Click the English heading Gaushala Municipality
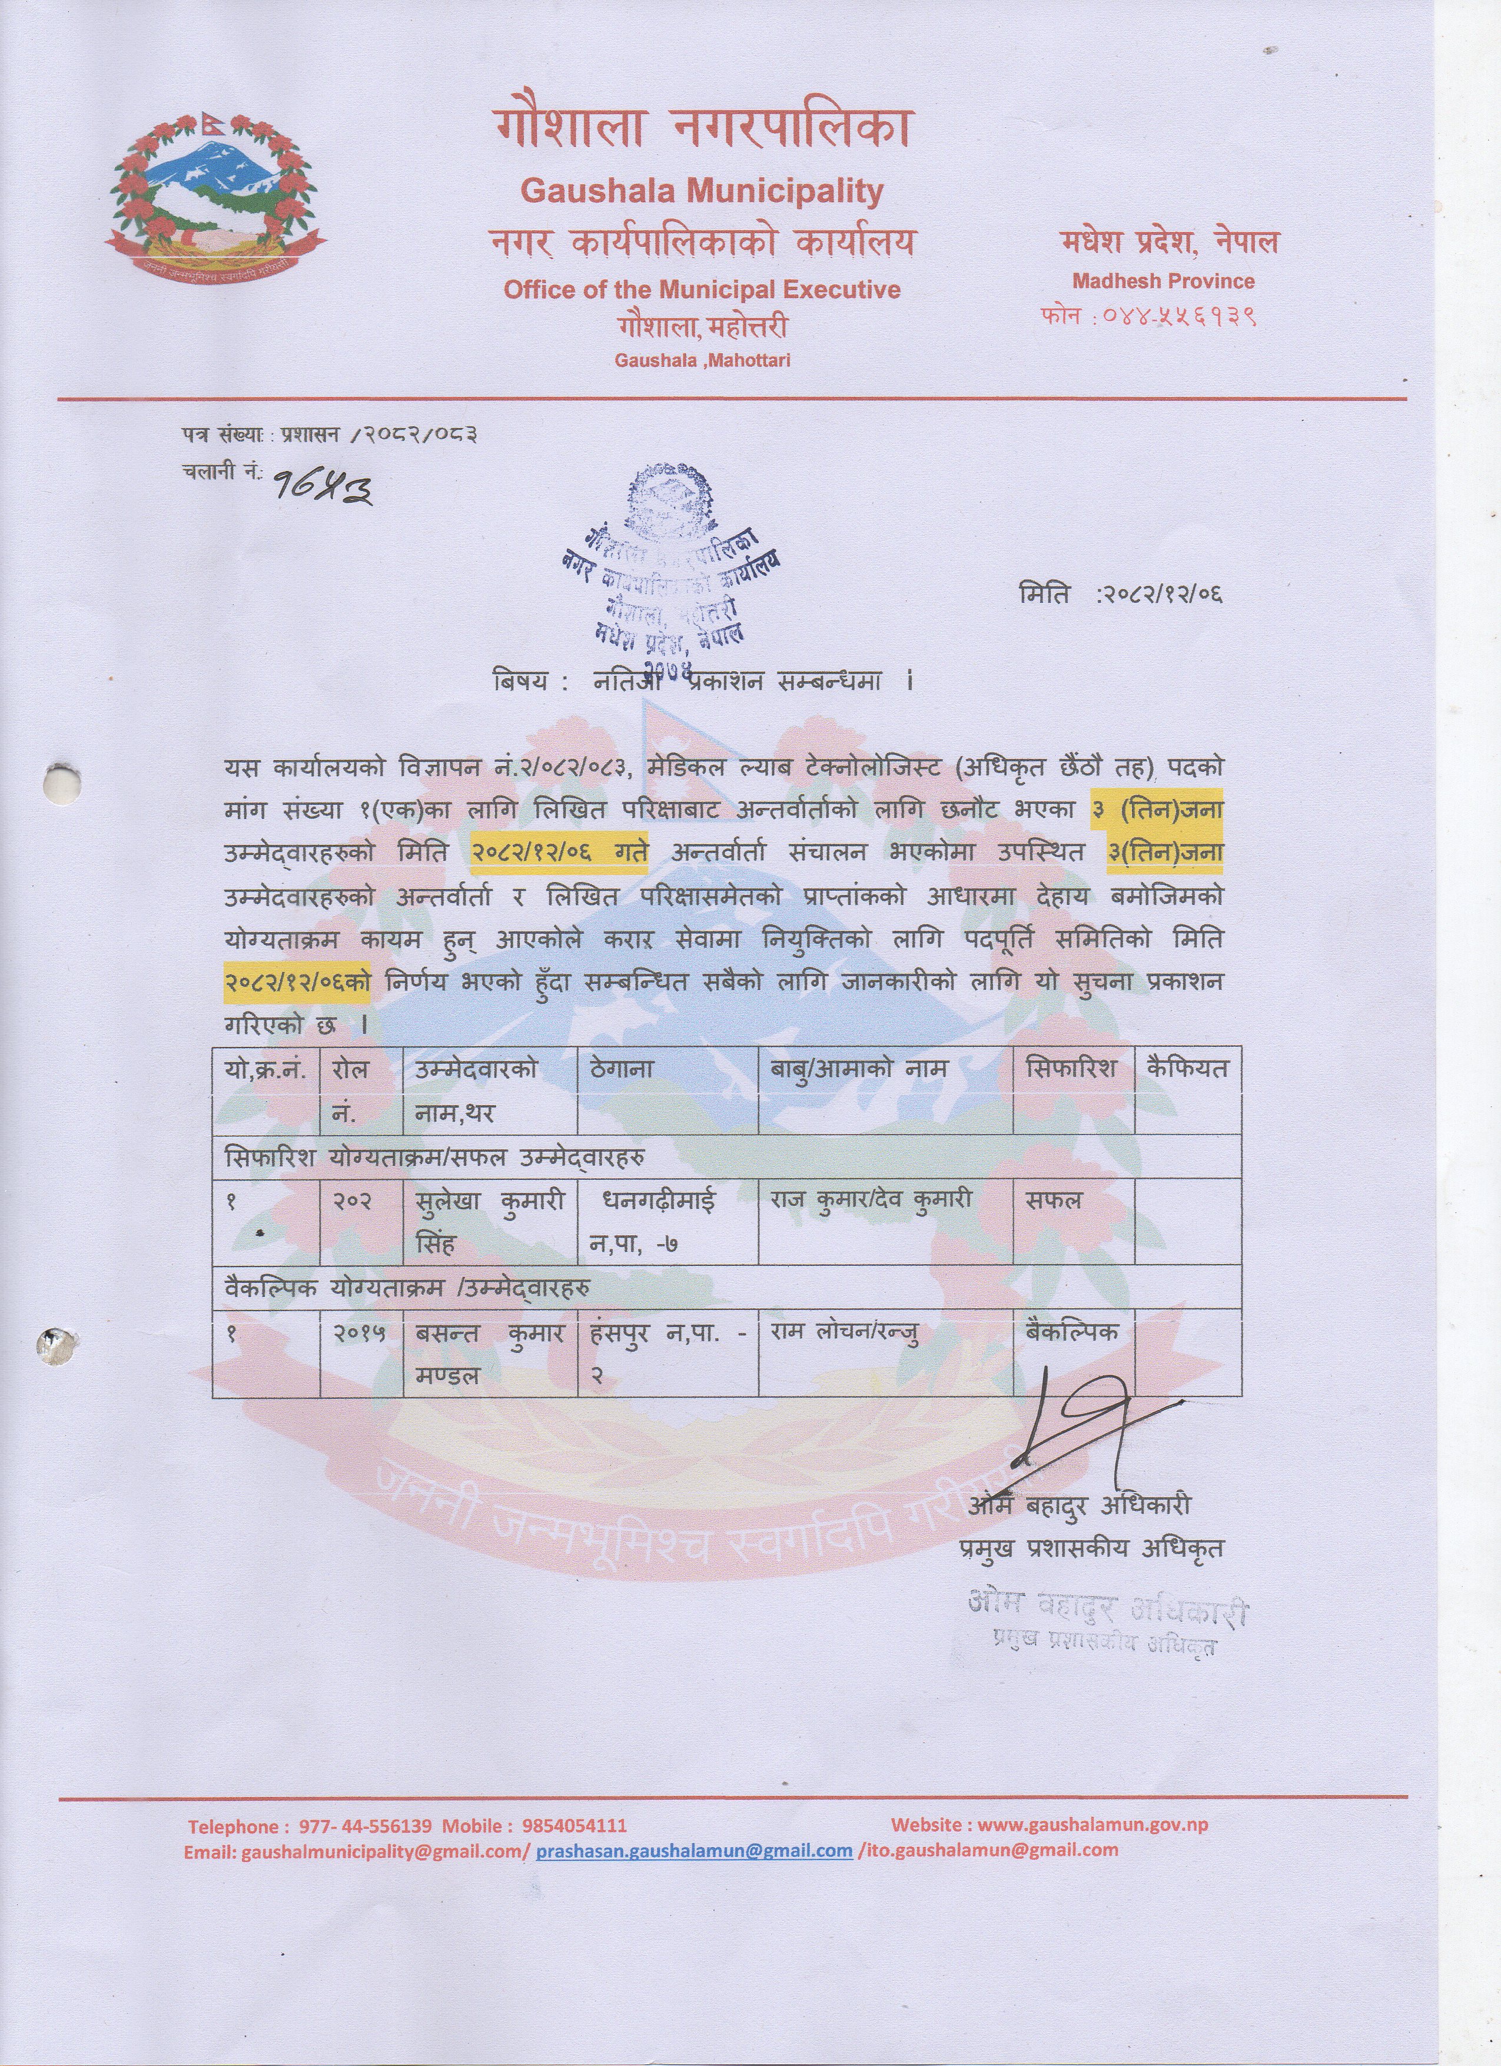(x=701, y=191)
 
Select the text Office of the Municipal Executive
(x=701, y=290)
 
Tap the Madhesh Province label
(x=1163, y=281)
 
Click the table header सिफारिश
(x=1070, y=1069)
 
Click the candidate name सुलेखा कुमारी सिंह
(x=490, y=1222)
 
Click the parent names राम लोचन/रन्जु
(x=842, y=1333)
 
